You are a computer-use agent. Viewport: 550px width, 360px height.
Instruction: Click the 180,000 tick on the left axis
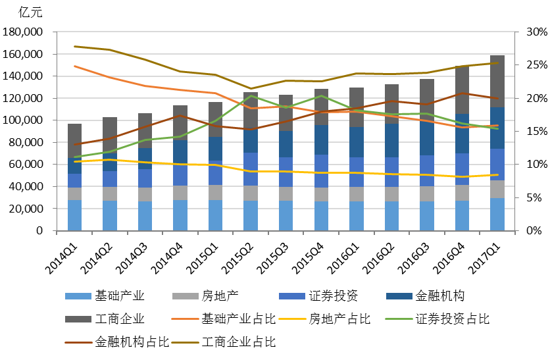24,32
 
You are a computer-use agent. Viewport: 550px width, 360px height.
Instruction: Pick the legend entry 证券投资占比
453,319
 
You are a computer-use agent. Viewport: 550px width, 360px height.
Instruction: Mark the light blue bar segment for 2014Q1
75,215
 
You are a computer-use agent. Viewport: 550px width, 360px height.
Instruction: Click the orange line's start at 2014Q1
75,66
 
